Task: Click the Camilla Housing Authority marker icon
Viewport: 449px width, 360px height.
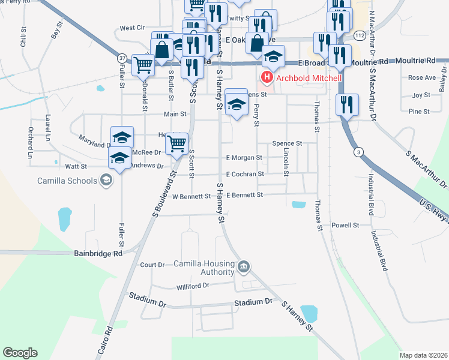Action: point(244,266)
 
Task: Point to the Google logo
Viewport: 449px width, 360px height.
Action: point(20,353)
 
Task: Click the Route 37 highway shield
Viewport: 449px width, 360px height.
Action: point(122,58)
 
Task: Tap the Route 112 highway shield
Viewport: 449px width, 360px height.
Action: point(359,37)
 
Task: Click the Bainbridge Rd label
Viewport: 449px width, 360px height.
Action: point(98,254)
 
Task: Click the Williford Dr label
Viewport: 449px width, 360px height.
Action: point(192,287)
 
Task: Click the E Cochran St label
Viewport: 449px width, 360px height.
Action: point(245,174)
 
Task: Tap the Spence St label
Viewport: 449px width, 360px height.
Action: point(286,144)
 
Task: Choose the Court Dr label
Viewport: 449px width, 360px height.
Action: point(152,265)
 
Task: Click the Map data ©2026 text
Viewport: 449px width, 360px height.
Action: point(423,355)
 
